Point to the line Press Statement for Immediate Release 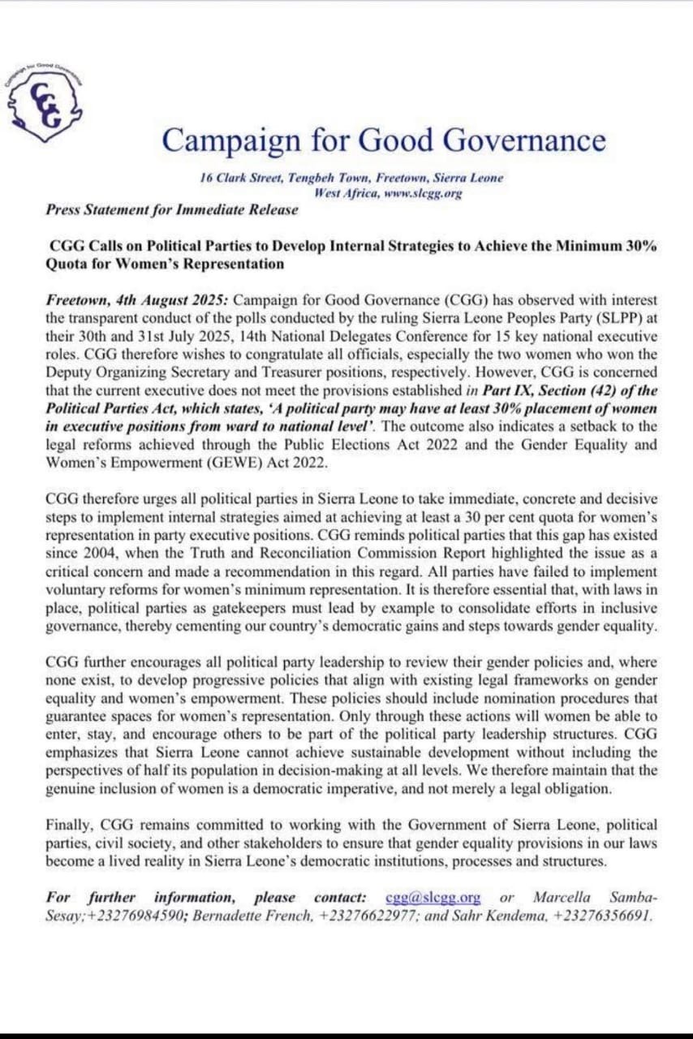[172, 209]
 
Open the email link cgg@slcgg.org [433, 898]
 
